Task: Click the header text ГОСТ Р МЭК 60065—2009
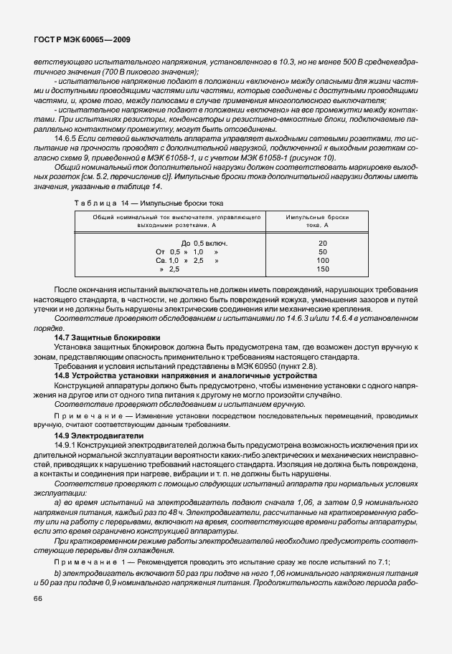tap(82, 42)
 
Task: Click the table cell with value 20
tap(322, 244)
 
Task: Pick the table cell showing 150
tap(322, 269)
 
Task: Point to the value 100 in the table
tap(322, 261)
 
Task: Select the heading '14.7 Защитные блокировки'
tap(108, 337)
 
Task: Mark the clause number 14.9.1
tap(67, 445)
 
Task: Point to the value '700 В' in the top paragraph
tap(108, 72)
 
